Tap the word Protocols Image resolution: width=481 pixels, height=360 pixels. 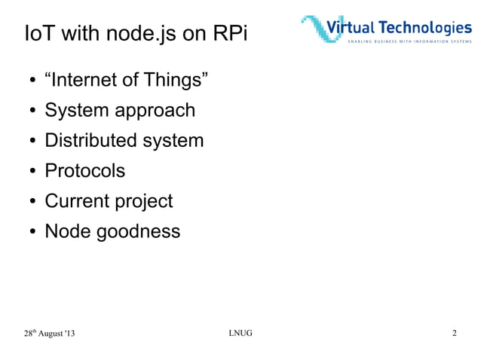point(84,171)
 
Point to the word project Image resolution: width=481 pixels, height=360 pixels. point(146,202)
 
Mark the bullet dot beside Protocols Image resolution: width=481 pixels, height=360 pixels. point(33,172)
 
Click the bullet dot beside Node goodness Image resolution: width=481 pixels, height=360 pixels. point(33,232)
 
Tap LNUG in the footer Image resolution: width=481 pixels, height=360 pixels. point(240,334)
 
